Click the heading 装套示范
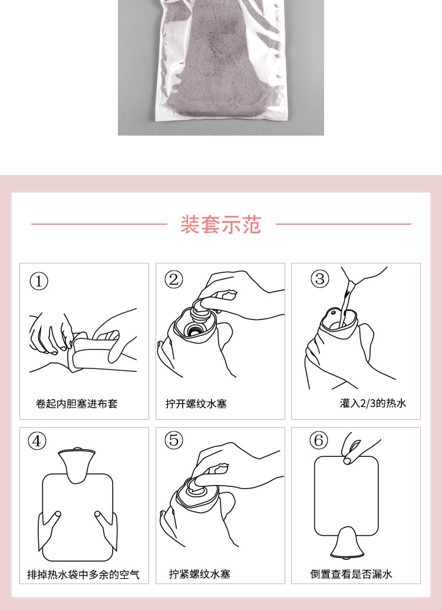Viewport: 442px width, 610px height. (220, 225)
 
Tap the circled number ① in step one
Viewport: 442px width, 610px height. (39, 281)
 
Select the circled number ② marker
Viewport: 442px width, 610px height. (174, 279)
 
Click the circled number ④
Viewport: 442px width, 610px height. (38, 441)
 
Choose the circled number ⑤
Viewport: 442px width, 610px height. (174, 440)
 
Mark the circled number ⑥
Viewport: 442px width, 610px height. (318, 440)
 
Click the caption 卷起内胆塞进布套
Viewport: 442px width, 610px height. (77, 404)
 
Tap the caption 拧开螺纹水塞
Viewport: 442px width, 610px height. (196, 404)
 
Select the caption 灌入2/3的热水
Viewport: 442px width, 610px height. (373, 403)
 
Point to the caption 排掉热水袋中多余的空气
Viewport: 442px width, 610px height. (84, 575)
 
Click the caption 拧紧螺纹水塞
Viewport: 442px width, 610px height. (199, 575)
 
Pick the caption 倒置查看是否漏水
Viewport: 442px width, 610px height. (351, 575)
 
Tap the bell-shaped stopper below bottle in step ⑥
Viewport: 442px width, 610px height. (346, 544)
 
